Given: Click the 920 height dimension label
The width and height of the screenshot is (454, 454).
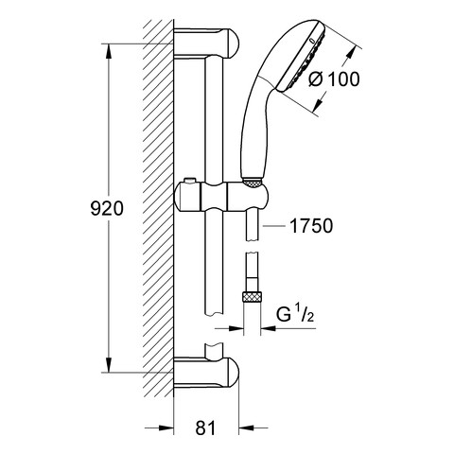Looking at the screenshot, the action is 107,209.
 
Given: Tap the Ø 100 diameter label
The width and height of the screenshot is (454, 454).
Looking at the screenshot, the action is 334,79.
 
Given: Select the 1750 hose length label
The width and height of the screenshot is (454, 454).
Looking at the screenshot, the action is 311,226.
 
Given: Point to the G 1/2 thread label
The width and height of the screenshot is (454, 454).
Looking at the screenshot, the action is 295,314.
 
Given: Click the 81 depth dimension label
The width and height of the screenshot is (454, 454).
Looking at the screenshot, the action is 205,428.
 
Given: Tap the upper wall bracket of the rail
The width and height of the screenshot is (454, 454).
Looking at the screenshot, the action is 206,43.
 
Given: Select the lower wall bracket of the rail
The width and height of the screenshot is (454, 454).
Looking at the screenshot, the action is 206,373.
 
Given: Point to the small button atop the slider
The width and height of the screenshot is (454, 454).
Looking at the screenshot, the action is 189,180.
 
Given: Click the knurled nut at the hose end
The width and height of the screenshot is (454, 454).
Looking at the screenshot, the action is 252,297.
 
